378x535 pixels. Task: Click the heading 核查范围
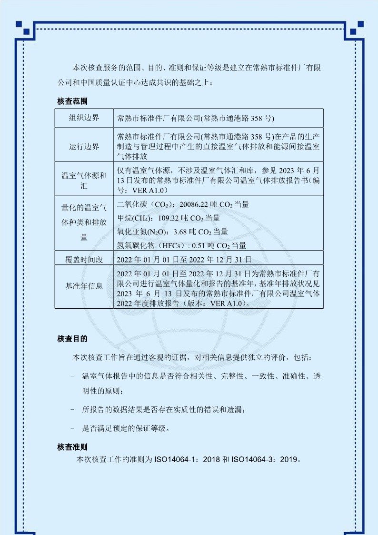pos(72,101)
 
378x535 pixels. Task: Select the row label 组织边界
pos(84,118)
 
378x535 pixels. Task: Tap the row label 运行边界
pos(84,146)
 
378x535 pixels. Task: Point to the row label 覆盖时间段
pos(84,260)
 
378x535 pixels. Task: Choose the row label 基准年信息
pos(84,286)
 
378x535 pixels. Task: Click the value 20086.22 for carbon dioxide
pos(196,204)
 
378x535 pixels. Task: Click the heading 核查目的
pos(72,339)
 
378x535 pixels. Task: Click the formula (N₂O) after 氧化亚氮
pos(159,232)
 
